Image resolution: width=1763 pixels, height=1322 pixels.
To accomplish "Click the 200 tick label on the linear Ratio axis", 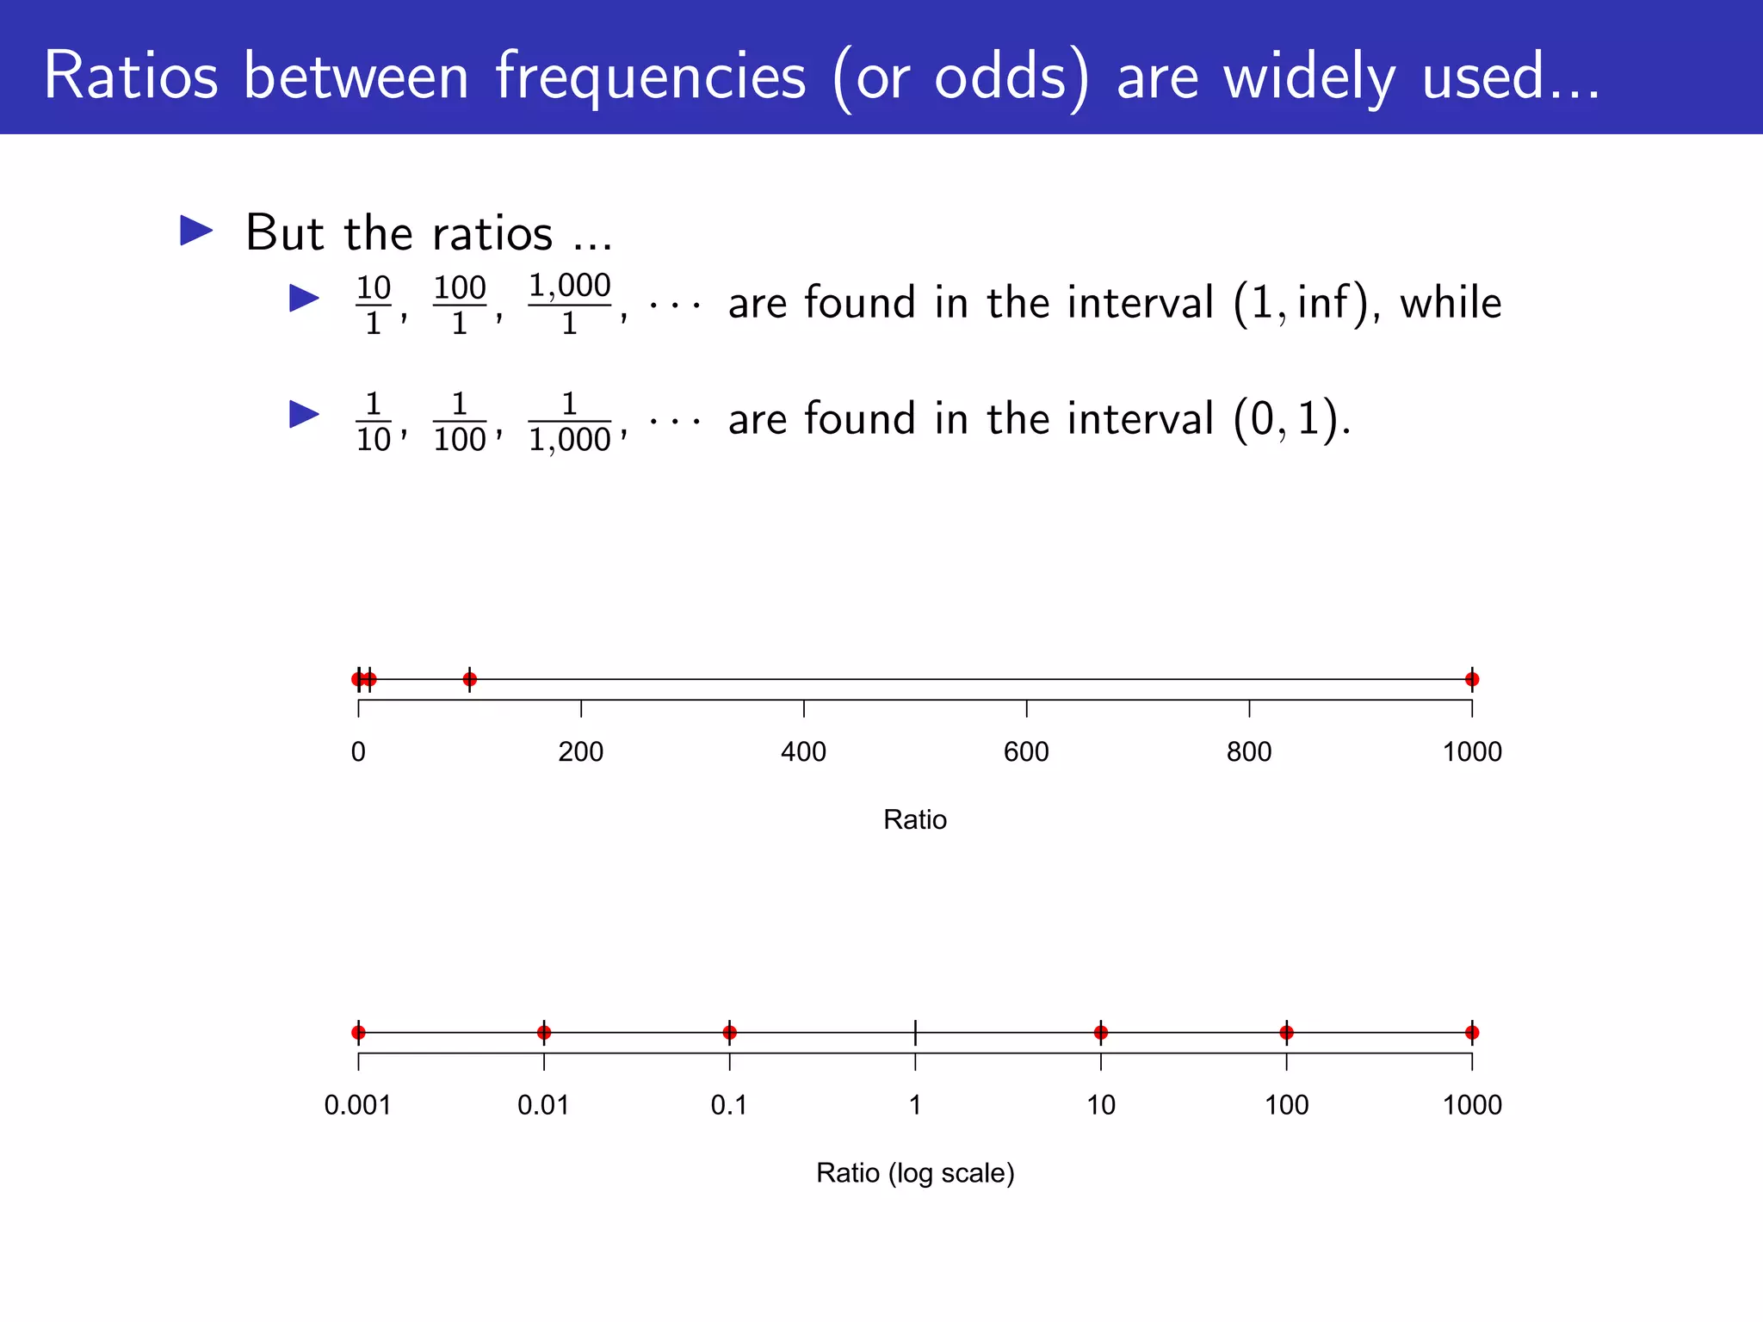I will coord(580,752).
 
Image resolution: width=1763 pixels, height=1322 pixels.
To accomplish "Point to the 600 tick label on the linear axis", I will coord(1026,752).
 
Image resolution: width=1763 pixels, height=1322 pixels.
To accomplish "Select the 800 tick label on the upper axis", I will coord(1249,752).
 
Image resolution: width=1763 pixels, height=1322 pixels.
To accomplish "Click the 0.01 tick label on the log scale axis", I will coord(543,1105).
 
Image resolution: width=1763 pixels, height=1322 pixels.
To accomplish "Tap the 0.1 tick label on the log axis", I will coord(729,1105).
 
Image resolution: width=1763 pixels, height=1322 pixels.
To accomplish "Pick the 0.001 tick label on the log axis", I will coord(357,1105).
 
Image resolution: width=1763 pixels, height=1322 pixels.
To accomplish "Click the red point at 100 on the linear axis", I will coord(469,679).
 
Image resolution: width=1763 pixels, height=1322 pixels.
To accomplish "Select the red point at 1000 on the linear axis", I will coord(1472,679).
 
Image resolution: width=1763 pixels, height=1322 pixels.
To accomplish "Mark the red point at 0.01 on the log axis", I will coord(544,1032).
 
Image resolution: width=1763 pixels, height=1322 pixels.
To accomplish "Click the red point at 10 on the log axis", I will coord(1101,1032).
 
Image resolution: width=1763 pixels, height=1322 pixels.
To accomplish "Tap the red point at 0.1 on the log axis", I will coord(730,1032).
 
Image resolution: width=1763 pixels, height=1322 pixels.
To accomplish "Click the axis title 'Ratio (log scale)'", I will coord(915,1173).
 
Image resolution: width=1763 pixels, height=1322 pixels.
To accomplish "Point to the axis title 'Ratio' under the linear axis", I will coord(915,819).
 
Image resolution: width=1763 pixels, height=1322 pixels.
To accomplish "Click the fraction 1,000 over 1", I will coord(569,304).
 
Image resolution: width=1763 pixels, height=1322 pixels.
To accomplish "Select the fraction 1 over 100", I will coord(460,422).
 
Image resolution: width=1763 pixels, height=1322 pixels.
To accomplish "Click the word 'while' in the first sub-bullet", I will coord(1451,303).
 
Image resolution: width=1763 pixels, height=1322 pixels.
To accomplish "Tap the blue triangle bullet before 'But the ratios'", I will coord(196,231).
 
